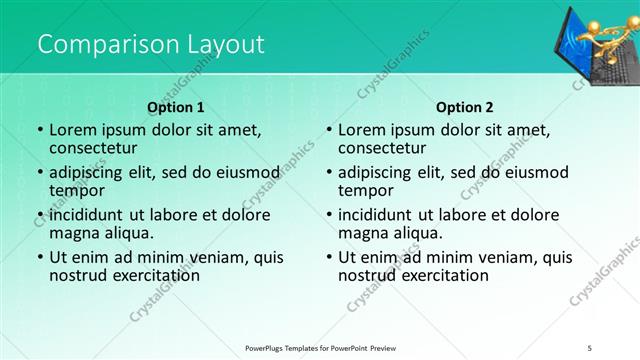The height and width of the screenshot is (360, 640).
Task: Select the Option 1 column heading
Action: coord(176,107)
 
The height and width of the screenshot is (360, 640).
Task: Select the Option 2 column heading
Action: coord(465,107)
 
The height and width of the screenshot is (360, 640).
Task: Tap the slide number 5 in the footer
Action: coord(590,348)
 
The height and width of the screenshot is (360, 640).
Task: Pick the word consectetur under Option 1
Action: coord(96,148)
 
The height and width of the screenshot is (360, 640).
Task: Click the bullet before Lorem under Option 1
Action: coord(39,130)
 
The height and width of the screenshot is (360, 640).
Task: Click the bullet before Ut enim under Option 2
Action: coord(329,257)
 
